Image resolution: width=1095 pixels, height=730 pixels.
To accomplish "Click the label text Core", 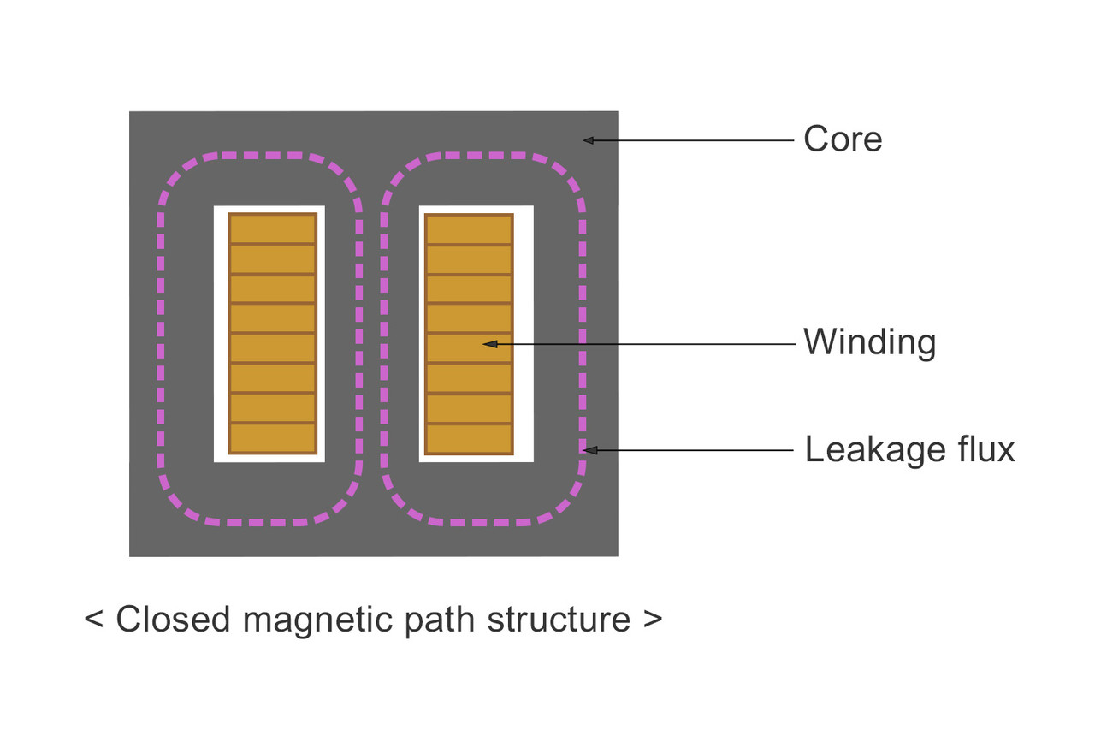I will tap(843, 139).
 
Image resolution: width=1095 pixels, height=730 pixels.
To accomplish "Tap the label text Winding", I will tap(869, 343).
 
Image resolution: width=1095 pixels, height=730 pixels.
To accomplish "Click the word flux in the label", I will tap(986, 449).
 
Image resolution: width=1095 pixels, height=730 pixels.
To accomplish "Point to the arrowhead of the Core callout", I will tap(589, 139).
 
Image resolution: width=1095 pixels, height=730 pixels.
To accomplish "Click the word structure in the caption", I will tap(559, 619).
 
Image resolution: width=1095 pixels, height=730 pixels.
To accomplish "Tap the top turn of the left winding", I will tap(273, 229).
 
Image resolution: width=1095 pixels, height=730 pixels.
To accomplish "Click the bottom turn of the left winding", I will tap(273, 438).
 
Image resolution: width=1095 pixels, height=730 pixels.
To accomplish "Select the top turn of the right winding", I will tap(470, 229).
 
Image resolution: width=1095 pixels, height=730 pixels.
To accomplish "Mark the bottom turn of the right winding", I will tap(470, 438).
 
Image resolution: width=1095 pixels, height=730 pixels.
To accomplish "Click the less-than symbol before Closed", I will tap(93, 619).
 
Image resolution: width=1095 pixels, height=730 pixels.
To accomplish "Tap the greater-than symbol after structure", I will tap(652, 619).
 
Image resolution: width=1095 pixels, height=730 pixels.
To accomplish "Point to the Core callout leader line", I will tap(693, 139).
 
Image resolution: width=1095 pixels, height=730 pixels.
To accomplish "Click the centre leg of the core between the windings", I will tap(372, 334).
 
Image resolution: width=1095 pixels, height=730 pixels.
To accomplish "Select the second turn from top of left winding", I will tap(273, 259).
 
